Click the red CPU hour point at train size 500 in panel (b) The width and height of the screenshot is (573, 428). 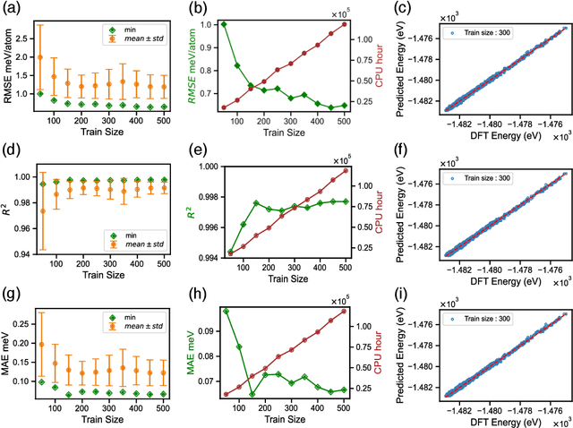click(344, 24)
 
